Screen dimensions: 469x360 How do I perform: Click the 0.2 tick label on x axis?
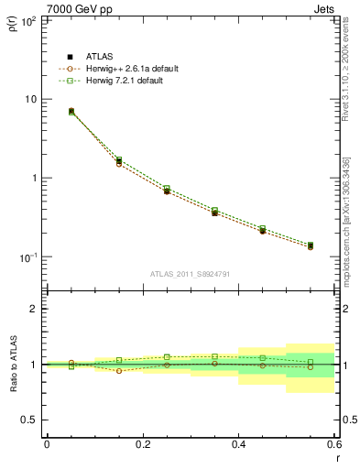click(x=142, y=444)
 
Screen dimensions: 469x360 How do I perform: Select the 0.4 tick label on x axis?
click(x=238, y=444)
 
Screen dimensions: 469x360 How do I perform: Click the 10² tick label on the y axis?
click(x=31, y=19)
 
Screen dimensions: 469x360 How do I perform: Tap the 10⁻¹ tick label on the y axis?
click(x=30, y=257)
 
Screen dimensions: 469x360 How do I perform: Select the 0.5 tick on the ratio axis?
click(x=32, y=420)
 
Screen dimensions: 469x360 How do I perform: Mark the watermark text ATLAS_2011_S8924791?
click(x=190, y=273)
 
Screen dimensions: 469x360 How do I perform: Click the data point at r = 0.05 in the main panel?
click(x=71, y=111)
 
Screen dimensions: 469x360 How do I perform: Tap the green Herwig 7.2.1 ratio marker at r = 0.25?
click(x=167, y=357)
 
